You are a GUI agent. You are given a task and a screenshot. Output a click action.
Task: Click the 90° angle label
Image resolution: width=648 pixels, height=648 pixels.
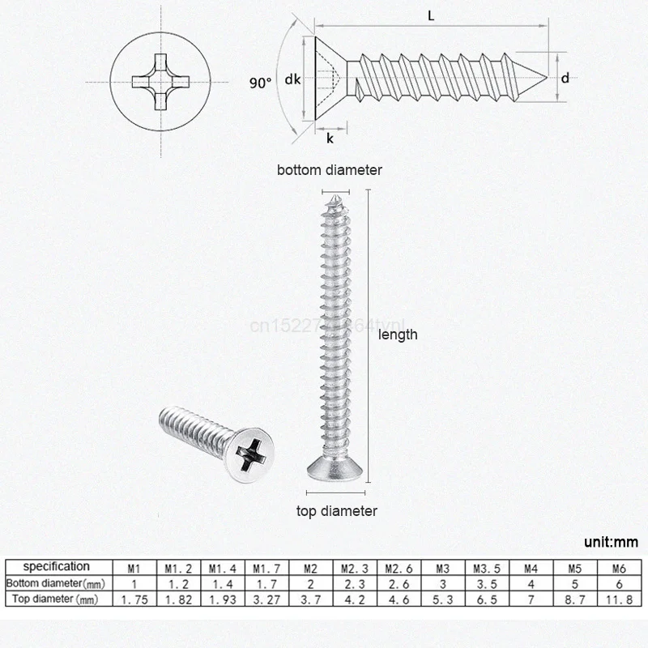(x=260, y=82)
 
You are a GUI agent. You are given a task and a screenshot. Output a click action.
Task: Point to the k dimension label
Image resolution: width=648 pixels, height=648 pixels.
(x=330, y=139)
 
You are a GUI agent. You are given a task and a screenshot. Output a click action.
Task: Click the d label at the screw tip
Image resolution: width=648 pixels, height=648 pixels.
(x=565, y=78)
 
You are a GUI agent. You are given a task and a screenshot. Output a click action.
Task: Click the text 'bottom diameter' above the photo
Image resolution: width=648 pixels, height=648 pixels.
(x=329, y=170)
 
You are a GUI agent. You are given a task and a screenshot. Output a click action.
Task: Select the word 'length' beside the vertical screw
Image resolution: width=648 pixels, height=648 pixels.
(x=398, y=334)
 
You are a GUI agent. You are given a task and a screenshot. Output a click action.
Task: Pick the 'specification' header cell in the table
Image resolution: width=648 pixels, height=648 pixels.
(x=56, y=566)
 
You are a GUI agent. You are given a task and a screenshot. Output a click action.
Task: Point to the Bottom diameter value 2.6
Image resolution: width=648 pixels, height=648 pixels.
(x=394, y=583)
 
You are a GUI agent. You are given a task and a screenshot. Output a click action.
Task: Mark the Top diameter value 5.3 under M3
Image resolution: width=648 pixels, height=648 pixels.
(x=438, y=600)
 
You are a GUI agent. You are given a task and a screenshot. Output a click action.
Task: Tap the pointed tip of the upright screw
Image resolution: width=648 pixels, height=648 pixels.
(x=334, y=194)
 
